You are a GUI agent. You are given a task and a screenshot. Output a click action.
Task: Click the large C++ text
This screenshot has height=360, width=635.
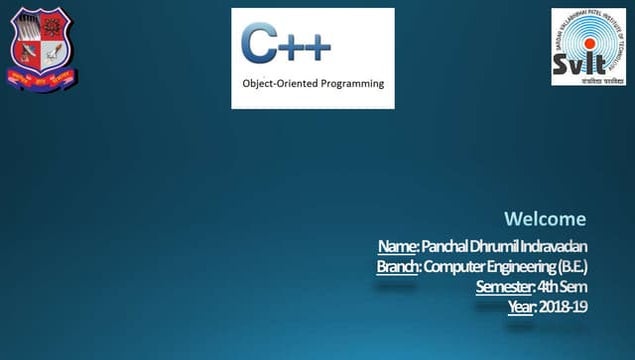(x=285, y=43)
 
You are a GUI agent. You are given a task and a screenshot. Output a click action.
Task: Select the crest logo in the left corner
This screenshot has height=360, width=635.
(x=42, y=48)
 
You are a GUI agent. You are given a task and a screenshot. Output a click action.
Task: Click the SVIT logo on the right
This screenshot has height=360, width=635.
(x=588, y=46)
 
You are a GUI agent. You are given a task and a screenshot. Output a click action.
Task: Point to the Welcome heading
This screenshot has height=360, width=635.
(x=545, y=219)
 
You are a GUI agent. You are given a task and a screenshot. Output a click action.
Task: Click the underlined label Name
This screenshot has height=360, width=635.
(x=397, y=246)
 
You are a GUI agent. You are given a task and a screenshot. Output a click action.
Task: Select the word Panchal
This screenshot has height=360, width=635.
(x=441, y=246)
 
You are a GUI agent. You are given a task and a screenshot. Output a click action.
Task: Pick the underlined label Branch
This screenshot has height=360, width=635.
(x=398, y=267)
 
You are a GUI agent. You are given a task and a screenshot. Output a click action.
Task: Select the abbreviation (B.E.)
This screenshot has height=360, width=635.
(x=573, y=267)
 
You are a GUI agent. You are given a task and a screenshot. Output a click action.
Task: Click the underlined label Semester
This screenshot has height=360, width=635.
(x=504, y=287)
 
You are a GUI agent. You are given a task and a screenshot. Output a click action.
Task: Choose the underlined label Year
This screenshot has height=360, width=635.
(x=520, y=307)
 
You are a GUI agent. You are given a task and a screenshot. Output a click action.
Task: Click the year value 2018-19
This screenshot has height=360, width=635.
(x=563, y=307)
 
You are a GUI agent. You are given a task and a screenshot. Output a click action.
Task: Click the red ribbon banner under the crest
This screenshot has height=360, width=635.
(x=42, y=77)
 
